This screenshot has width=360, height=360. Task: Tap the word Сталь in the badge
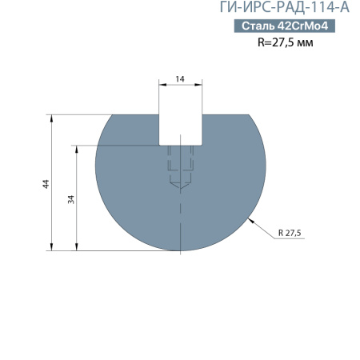258,26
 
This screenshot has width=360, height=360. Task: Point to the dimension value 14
180,79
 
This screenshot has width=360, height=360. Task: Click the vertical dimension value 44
46,183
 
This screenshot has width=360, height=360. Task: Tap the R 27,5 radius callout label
293,232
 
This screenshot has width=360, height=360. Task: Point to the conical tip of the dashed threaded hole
181,189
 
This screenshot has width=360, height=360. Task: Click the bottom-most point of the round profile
181,250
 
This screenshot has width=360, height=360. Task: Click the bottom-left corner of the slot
160,145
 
